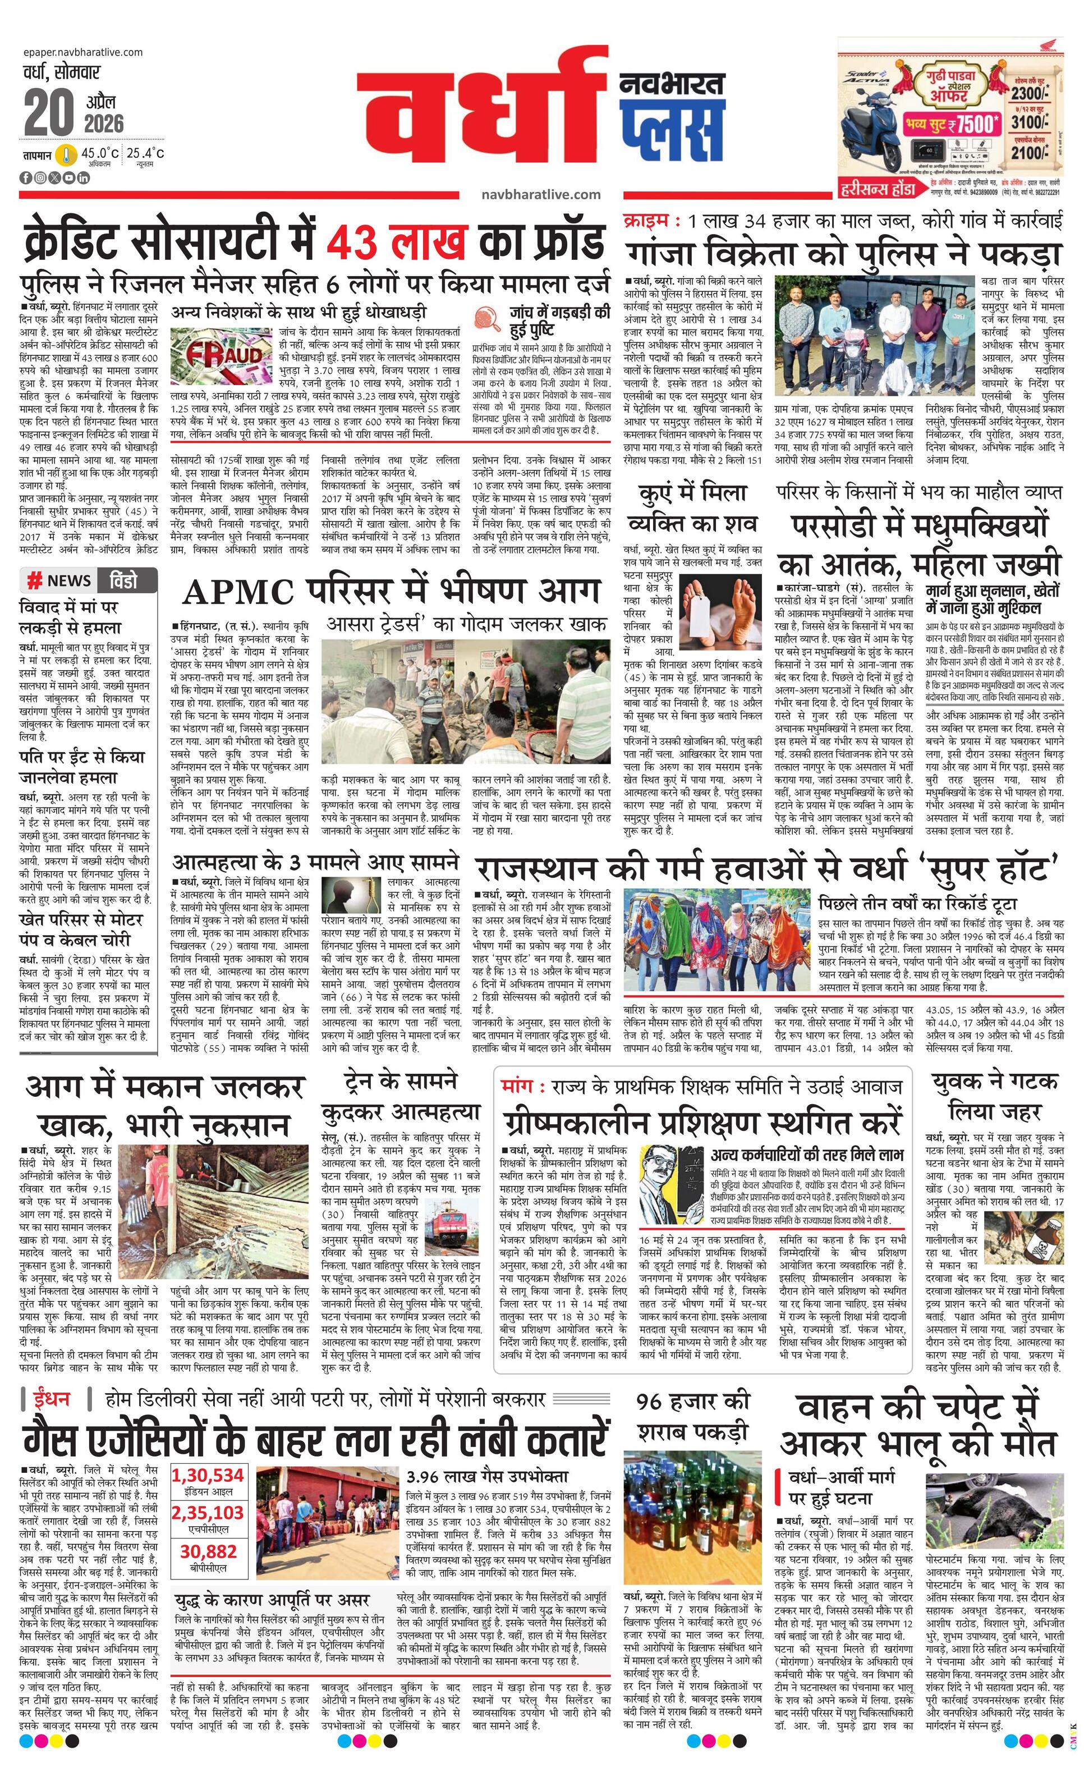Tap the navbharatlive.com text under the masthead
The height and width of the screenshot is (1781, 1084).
pos(540,194)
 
